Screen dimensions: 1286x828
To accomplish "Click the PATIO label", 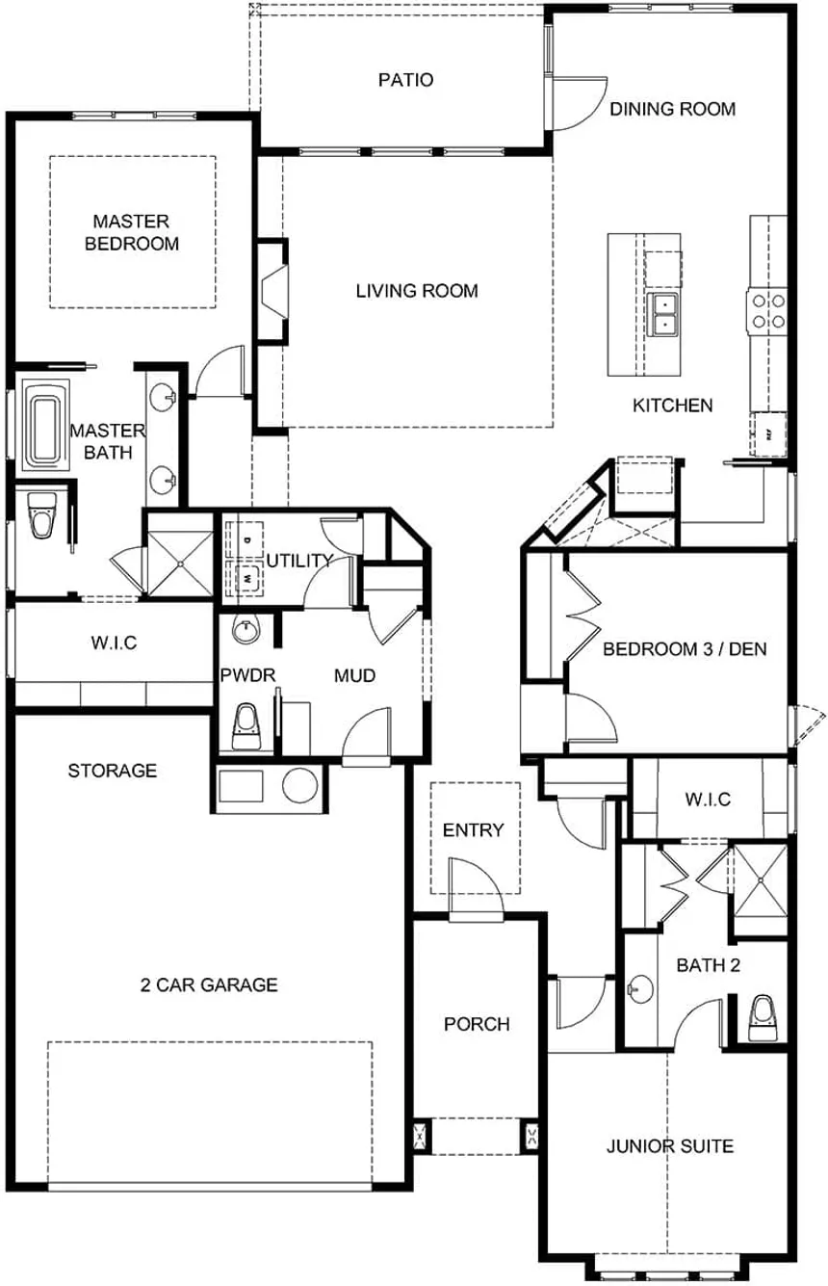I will point(404,80).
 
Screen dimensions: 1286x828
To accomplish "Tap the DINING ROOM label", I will point(672,109).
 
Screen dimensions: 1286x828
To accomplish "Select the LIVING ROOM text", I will point(416,291).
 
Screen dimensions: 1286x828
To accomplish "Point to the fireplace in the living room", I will point(273,289).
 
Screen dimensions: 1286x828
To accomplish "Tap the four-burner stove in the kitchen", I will point(768,310).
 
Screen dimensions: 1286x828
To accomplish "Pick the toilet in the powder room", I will point(247,724).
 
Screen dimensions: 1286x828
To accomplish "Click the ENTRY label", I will point(473,830).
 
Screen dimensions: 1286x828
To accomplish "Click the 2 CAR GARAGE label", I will point(209,984).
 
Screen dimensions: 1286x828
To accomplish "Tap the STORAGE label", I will point(112,771).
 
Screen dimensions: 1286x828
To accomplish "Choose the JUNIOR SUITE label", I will point(669,1146).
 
